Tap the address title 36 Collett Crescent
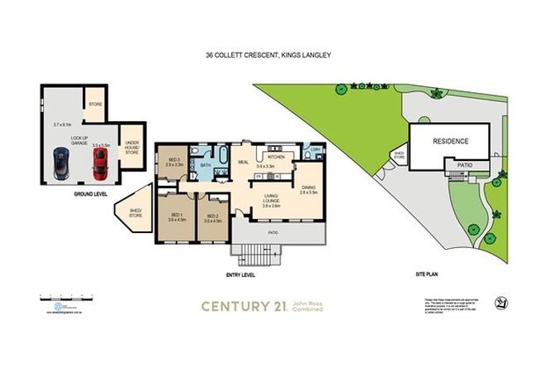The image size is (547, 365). click(273, 57)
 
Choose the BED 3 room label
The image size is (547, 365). click(174, 163)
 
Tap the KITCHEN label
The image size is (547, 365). click(275, 156)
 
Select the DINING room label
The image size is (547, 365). click(307, 190)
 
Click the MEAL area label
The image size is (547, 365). click(244, 163)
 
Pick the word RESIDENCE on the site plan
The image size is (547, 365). click(451, 141)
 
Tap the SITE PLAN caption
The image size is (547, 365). click(429, 272)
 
